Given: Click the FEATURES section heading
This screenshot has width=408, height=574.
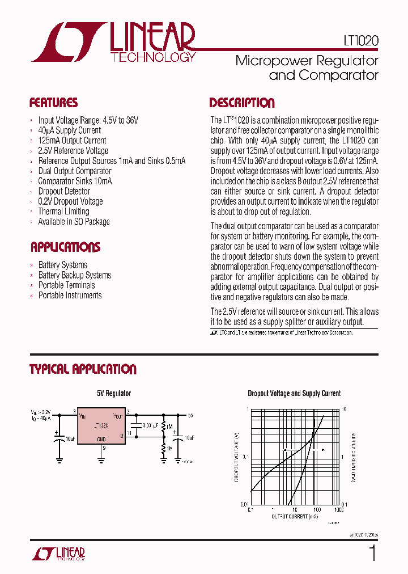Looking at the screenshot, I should point(53,103).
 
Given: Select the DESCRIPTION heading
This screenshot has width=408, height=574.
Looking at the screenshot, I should point(242,103).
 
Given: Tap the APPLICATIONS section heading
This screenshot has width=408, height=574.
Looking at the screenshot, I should point(65,247).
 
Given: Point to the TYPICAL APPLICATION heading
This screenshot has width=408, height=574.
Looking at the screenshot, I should point(83,369).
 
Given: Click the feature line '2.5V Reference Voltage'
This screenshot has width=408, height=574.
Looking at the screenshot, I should point(73,151).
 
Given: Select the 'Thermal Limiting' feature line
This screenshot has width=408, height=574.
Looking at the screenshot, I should point(63,212).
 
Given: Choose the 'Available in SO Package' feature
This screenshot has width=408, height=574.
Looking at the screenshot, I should point(74,222).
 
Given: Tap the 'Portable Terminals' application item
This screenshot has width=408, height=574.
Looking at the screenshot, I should point(66,285).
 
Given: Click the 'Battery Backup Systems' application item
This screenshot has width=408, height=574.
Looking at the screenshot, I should point(74,275).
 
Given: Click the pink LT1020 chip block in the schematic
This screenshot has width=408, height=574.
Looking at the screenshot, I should point(101,425).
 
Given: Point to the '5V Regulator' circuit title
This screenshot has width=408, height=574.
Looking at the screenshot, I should point(113,393).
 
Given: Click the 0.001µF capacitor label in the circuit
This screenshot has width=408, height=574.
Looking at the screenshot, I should point(151,425).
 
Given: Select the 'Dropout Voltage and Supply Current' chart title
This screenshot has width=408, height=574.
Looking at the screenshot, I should point(294,393).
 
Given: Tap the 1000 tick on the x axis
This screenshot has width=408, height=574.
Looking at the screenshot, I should point(338,510).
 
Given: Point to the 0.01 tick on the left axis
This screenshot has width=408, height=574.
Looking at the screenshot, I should point(244,504).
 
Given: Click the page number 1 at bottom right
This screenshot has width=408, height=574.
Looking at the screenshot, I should point(372,553).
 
